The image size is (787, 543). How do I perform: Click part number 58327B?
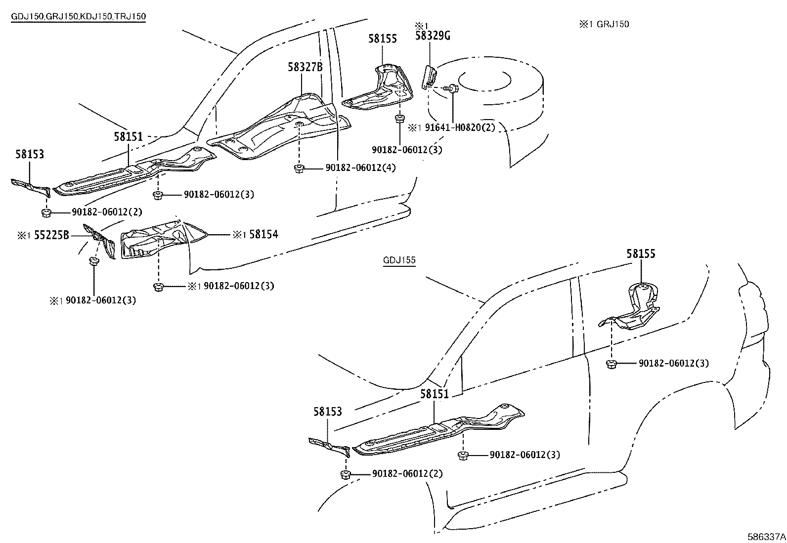click(305, 67)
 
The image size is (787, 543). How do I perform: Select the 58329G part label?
click(433, 36)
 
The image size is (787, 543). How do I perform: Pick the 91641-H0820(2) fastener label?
click(460, 127)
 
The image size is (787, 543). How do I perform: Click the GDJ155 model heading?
click(399, 260)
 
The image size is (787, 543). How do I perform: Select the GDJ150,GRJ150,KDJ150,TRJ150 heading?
click(79, 16)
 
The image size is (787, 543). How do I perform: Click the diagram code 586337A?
click(766, 536)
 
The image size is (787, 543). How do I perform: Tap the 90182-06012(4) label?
click(360, 168)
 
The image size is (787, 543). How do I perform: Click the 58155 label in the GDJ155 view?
click(641, 254)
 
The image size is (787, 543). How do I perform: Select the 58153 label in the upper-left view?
click(29, 155)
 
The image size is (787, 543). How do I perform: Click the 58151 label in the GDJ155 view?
click(434, 394)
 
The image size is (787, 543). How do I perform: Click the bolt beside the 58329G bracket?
click(453, 89)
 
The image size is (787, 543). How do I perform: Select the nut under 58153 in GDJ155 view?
click(345, 475)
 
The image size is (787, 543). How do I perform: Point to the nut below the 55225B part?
click(93, 261)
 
